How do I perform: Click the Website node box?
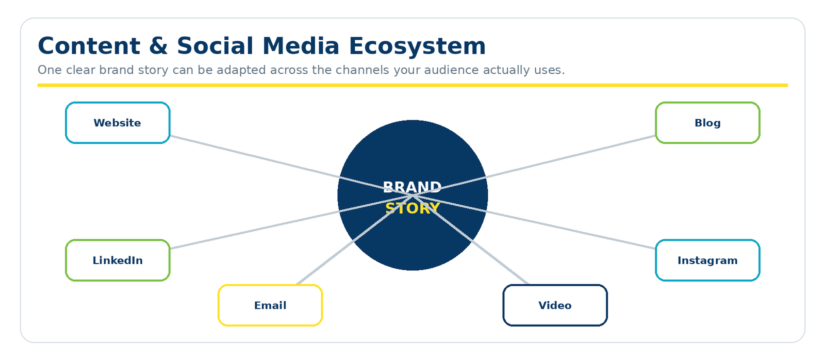[118, 123]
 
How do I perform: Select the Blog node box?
[707, 123]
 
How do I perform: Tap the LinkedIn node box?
[118, 260]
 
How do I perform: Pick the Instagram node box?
[707, 260]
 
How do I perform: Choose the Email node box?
[270, 305]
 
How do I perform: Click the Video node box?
[555, 305]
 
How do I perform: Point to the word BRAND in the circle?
[412, 187]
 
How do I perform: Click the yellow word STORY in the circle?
[412, 208]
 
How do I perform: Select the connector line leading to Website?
[291, 166]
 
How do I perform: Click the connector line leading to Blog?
[534, 166]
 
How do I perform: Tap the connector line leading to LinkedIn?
[291, 222]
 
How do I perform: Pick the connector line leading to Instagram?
[534, 222]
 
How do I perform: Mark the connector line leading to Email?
[355, 240]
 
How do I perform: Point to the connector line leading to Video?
[471, 240]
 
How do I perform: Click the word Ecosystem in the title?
[417, 46]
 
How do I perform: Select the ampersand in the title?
[158, 46]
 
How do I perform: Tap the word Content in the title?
[89, 46]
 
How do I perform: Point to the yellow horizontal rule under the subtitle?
[412, 85]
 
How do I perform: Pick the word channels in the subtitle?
[362, 70]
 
